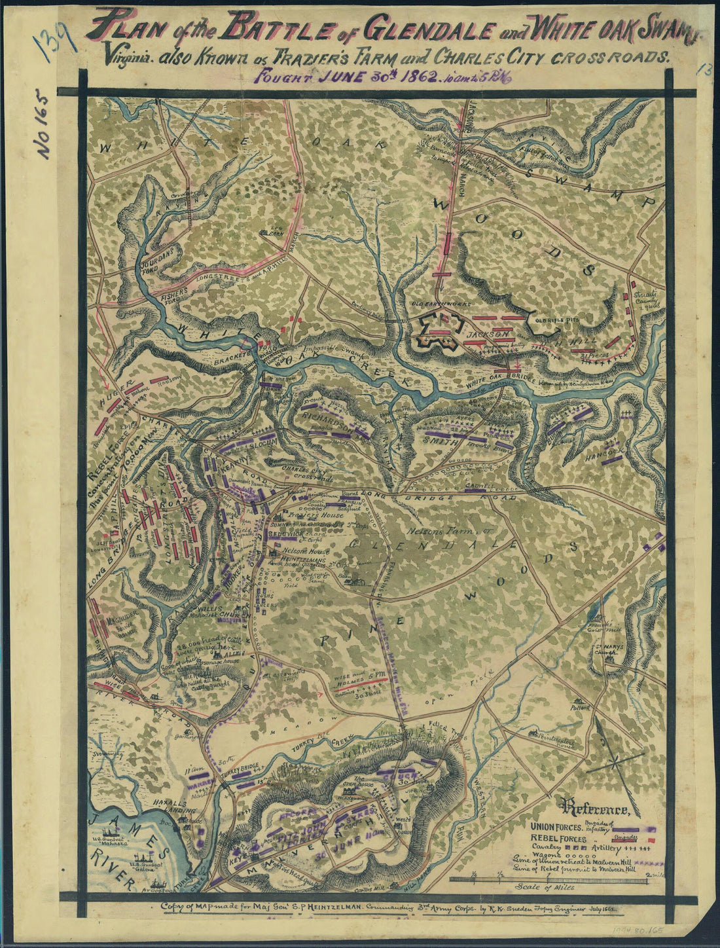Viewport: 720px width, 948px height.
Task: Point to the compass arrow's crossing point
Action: click(x=617, y=761)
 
